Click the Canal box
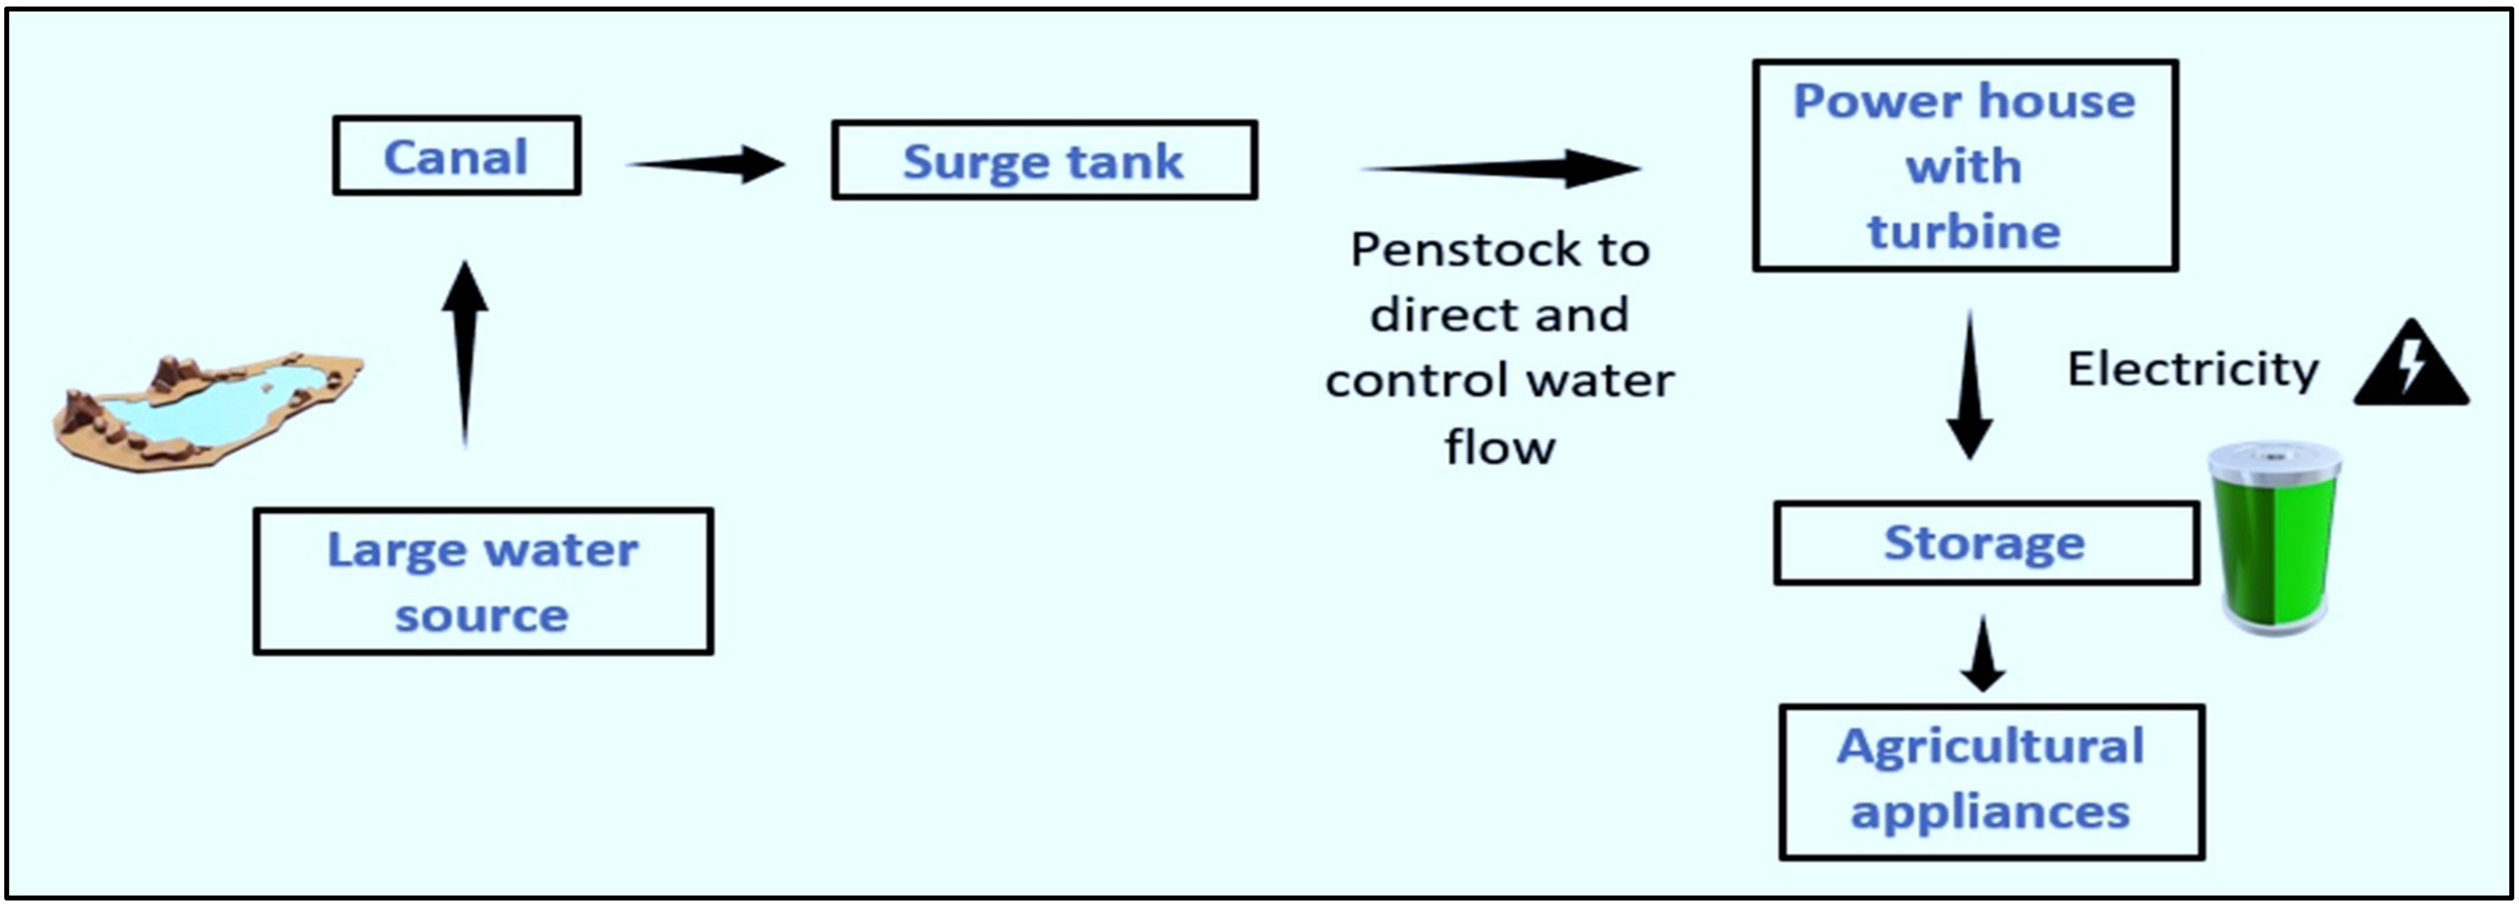point(457,156)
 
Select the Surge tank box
point(1044,160)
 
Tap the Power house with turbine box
point(1966,165)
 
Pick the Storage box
point(1987,544)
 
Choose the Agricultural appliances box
point(1992,782)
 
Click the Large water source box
point(483,581)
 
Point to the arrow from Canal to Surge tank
point(706,164)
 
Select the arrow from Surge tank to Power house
point(1501,168)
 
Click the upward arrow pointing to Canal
point(465,354)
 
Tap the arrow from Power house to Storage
point(1969,385)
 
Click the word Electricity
point(2192,369)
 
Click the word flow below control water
point(1500,448)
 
